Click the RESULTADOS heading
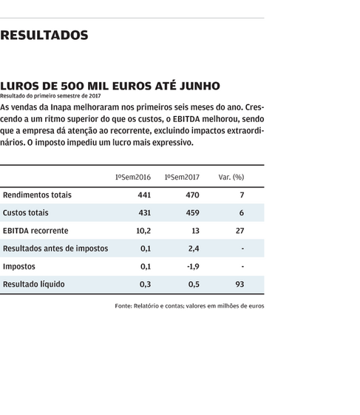pos(44,36)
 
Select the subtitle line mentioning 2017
pos(50,96)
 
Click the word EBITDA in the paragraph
pos(186,119)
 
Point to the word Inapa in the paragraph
pos(61,107)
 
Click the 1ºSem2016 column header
pos(133,177)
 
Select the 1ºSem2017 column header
pos(182,177)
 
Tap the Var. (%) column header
pos(231,177)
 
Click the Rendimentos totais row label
pos(37,195)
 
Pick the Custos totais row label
pos(26,213)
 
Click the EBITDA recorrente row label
pos(35,231)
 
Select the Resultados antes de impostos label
pos(55,249)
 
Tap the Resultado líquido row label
pos(33,284)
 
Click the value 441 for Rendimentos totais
pos(144,195)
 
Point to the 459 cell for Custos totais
pos(192,213)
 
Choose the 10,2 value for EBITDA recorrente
pos(143,231)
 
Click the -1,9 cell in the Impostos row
pos(193,266)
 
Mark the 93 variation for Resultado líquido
pos(240,284)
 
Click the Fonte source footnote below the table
pos(189,306)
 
